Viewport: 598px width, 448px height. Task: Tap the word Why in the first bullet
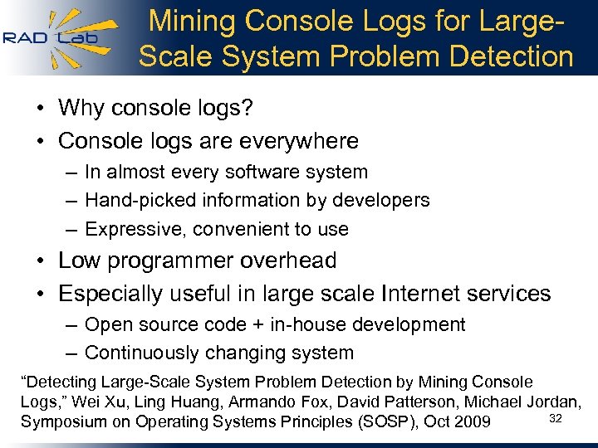pyautogui.click(x=81, y=108)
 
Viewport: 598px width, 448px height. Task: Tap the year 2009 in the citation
pyautogui.click(x=472, y=421)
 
